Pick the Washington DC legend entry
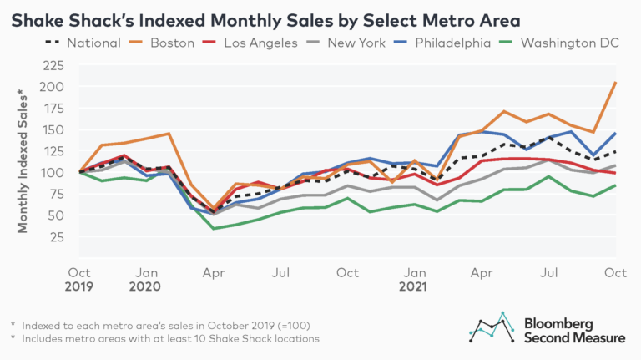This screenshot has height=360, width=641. (x=563, y=43)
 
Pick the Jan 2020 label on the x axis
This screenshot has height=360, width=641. (x=147, y=279)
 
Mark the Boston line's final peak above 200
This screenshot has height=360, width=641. (x=615, y=83)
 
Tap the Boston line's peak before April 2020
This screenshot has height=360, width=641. (x=169, y=134)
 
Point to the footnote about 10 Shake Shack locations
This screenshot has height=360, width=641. (x=165, y=338)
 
